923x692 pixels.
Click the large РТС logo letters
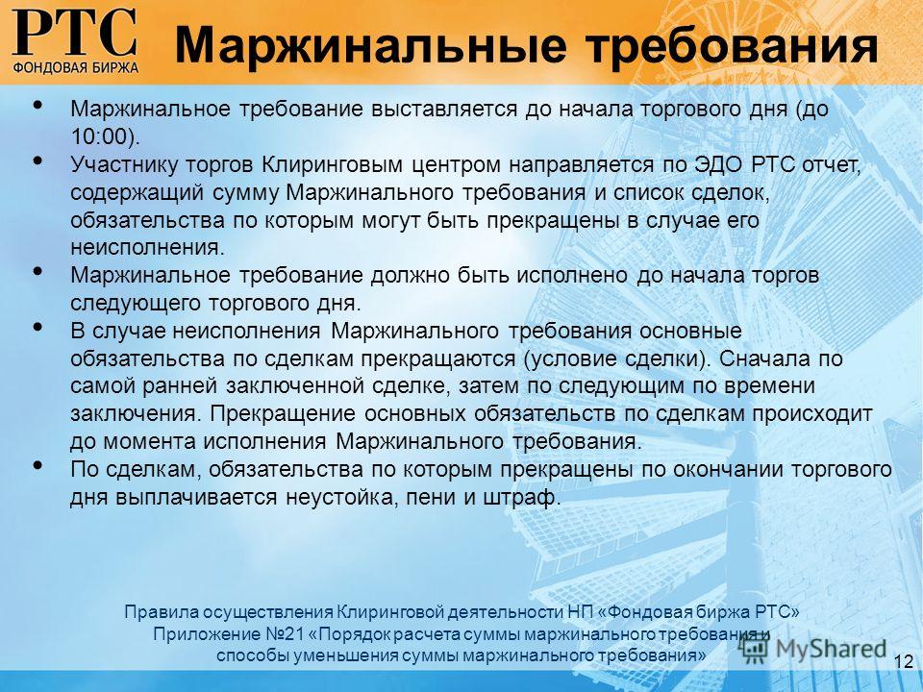coord(75,33)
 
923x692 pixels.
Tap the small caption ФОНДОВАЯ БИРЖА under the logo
coord(75,66)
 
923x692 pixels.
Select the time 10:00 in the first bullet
coord(99,136)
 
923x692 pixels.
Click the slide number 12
coord(904,660)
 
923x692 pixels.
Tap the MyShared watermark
coord(813,649)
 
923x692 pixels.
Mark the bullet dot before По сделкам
coord(38,465)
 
